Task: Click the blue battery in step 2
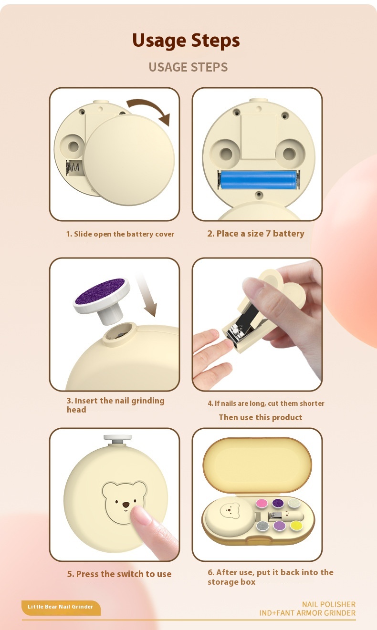click(258, 180)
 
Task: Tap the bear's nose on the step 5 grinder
click(126, 505)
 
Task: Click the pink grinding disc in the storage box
click(262, 503)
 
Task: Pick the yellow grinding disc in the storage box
click(296, 525)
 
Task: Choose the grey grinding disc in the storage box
click(262, 526)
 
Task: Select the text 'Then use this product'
click(261, 418)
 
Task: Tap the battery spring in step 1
click(72, 168)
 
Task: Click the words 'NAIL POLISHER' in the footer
click(328, 605)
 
